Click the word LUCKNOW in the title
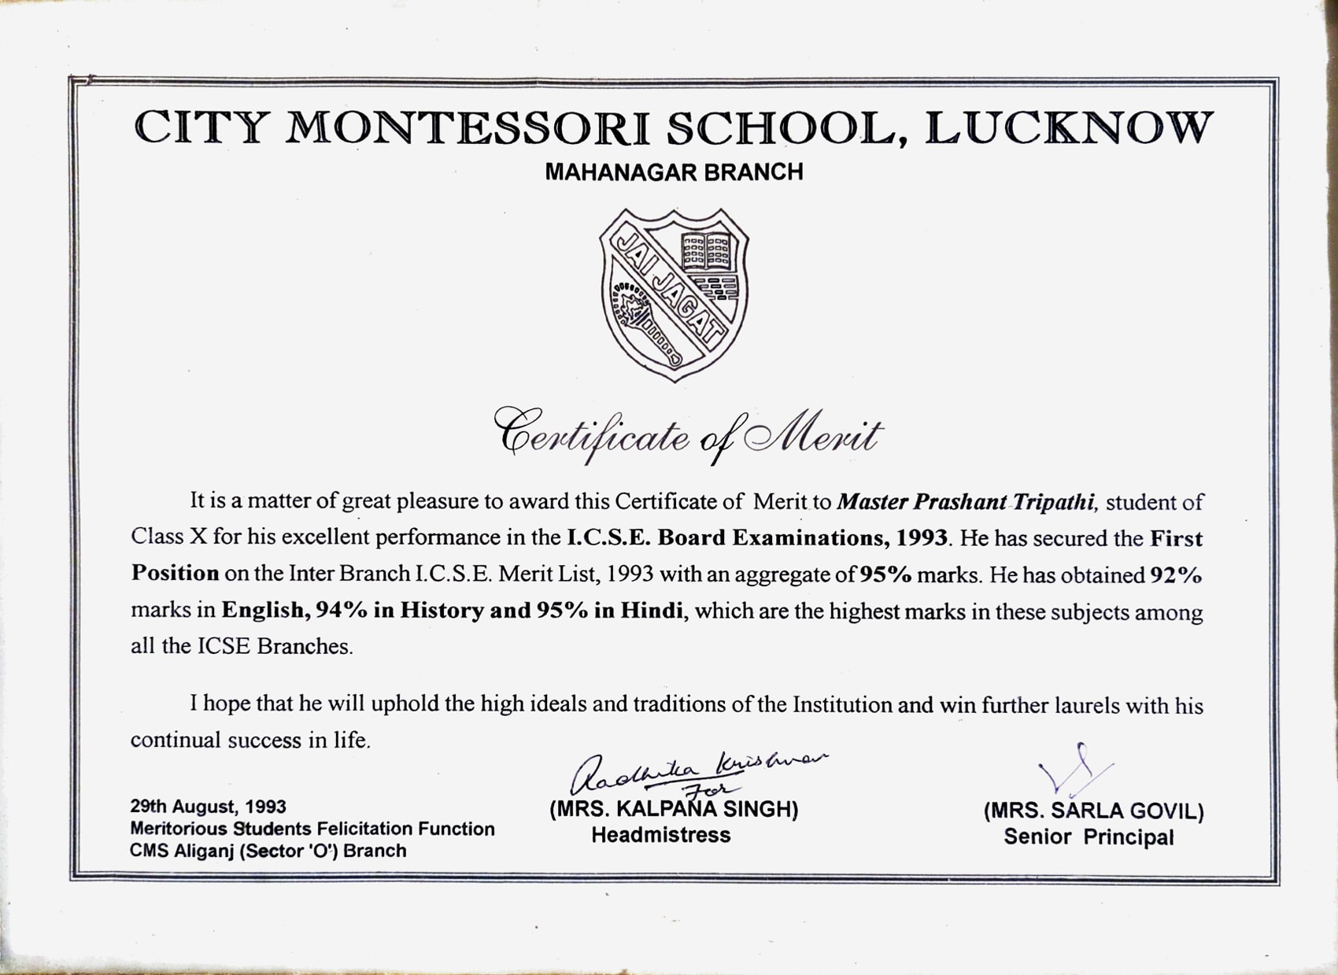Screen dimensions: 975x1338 1069,128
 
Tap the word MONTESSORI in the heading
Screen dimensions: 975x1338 468,128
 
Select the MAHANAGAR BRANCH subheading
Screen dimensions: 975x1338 674,172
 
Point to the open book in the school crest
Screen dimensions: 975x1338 706,251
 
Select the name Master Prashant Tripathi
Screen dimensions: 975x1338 966,502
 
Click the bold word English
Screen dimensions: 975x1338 262,611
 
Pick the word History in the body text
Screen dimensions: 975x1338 442,611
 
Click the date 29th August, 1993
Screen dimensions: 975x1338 208,807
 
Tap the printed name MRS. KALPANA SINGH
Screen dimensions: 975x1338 674,810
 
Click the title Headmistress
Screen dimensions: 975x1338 660,835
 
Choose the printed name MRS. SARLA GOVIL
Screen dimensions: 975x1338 1093,811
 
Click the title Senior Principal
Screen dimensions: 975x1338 1089,837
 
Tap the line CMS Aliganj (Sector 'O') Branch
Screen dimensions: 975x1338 268,851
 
